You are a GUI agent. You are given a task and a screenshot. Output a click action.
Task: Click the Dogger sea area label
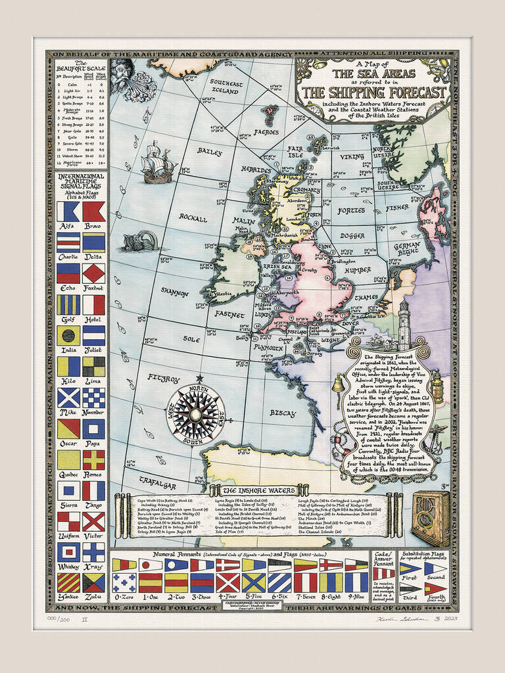pos(352,235)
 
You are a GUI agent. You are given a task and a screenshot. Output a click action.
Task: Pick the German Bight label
pos(406,249)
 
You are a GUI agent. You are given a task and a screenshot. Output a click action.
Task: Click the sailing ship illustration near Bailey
pos(156,162)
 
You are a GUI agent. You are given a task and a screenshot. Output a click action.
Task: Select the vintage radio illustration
pos(431,519)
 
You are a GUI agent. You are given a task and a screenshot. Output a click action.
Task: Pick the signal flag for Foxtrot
pos(93,273)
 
